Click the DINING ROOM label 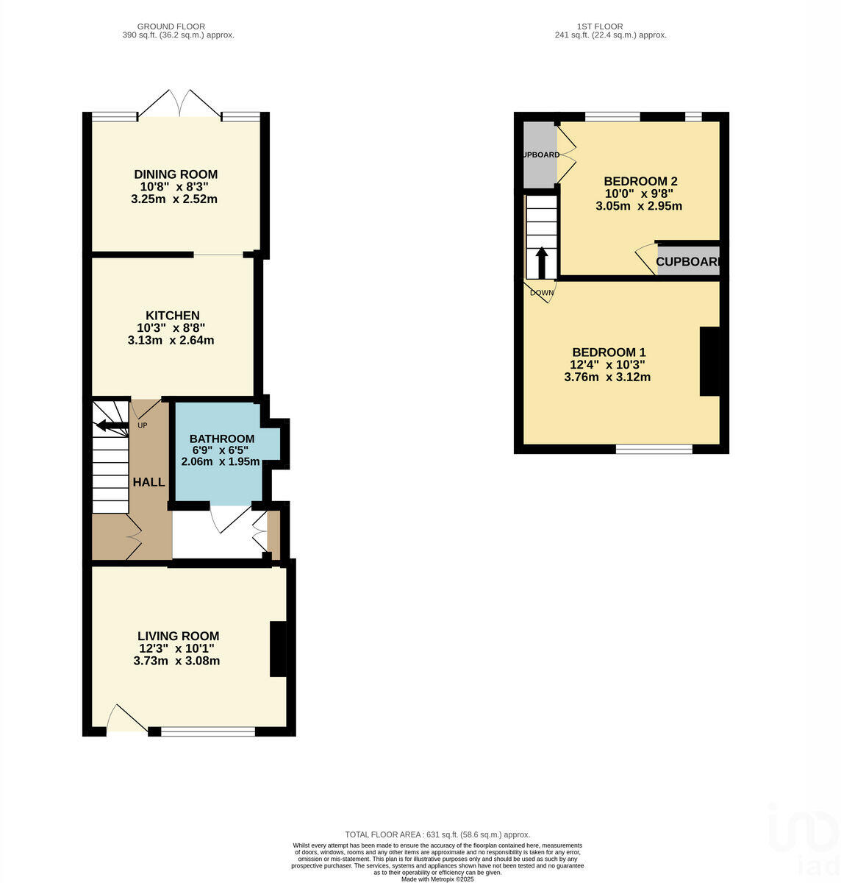(176, 174)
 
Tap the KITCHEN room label (173, 316)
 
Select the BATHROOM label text (222, 439)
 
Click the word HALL (148, 482)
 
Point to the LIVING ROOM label (178, 636)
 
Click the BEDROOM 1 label (609, 352)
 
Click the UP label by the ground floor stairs (143, 425)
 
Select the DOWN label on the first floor (542, 292)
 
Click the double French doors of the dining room (179, 104)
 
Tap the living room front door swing (124, 718)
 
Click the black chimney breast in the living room (278, 649)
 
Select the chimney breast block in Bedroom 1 (709, 361)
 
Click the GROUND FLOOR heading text (179, 26)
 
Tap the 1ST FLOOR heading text (610, 26)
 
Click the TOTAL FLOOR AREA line (437, 834)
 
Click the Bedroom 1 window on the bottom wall (654, 449)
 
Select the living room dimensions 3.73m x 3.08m (176, 661)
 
